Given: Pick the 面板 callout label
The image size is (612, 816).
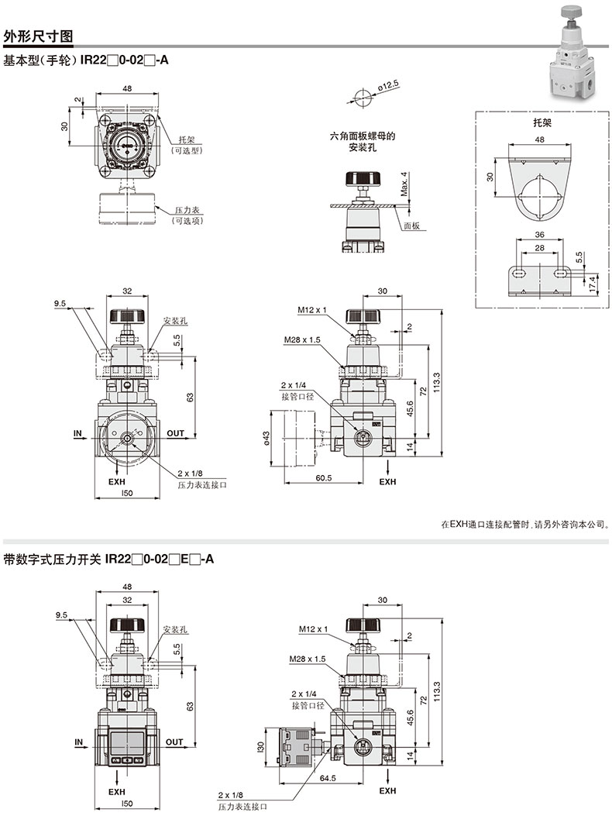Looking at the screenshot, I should tap(411, 226).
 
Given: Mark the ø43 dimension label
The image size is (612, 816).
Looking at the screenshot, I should tap(266, 438).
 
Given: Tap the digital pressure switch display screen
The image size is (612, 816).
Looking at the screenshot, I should tap(127, 742).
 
